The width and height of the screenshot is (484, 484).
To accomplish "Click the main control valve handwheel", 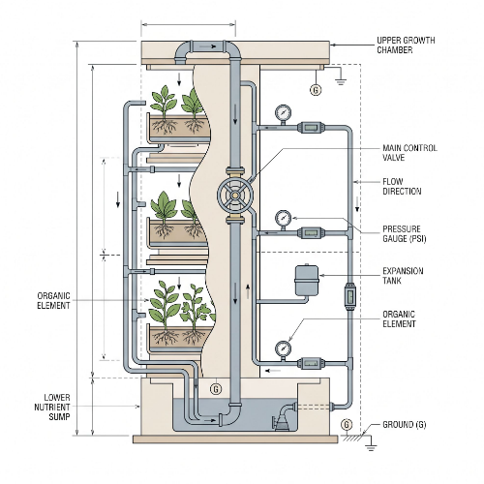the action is tap(235, 195).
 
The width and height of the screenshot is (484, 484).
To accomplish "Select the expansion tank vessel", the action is tap(307, 280).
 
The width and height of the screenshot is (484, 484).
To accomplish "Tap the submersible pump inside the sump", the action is tap(285, 418).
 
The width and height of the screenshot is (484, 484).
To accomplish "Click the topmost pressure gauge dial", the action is tap(283, 113).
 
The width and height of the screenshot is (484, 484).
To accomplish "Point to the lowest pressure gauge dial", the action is tap(283, 348).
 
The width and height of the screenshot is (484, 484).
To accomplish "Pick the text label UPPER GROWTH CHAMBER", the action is tap(406, 45).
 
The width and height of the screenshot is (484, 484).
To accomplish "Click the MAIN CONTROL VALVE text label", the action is tap(409, 153).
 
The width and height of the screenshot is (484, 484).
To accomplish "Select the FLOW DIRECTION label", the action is tap(402, 186).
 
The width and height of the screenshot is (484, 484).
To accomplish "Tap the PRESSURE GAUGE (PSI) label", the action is tap(405, 234).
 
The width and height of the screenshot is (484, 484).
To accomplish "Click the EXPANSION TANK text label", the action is tap(403, 276).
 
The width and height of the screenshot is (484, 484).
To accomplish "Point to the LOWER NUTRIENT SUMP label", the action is tap(52, 407).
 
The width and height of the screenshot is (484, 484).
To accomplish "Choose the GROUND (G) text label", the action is tap(405, 424).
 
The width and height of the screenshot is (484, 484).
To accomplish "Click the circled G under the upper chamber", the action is tap(316, 89).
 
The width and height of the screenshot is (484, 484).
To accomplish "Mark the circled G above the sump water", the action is tap(216, 389).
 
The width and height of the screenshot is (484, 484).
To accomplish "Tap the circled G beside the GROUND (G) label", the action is tap(347, 424).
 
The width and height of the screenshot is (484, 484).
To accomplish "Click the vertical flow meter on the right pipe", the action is tap(349, 296).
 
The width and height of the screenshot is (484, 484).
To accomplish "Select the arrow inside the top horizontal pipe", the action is tap(208, 46).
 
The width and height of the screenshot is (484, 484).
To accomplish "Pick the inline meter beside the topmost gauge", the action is tap(311, 127).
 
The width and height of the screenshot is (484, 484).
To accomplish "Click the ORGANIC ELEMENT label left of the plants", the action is tap(53, 300).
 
